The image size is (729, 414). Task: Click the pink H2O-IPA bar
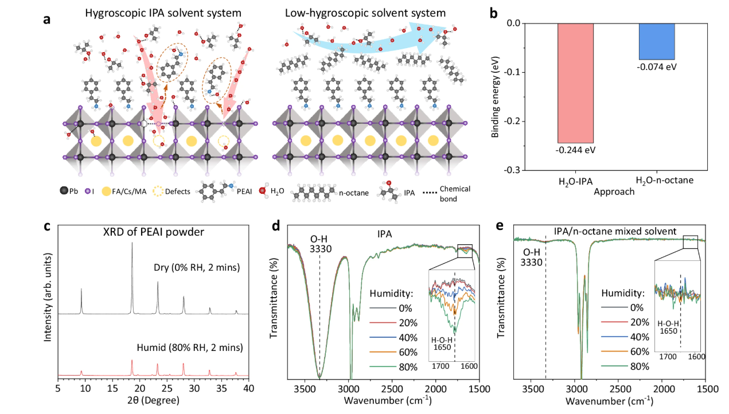point(575,83)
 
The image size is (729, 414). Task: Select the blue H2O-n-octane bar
point(657,41)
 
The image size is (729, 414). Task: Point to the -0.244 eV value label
point(575,150)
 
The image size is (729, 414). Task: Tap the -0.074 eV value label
point(656,67)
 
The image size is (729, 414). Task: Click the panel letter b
point(494,14)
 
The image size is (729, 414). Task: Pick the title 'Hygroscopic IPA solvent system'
point(163,13)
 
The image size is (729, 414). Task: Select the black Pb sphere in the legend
point(64,191)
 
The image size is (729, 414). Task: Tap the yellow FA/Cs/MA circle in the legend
point(106,192)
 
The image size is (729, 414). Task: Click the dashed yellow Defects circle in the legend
point(158,192)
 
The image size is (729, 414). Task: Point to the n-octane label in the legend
point(354,193)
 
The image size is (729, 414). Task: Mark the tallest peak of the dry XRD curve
point(132,243)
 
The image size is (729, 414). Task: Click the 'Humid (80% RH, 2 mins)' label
point(190,347)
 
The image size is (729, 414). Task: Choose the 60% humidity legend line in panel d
point(383,352)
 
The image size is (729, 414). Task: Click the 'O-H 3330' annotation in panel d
point(321,244)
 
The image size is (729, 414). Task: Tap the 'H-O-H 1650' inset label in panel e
point(668,327)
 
